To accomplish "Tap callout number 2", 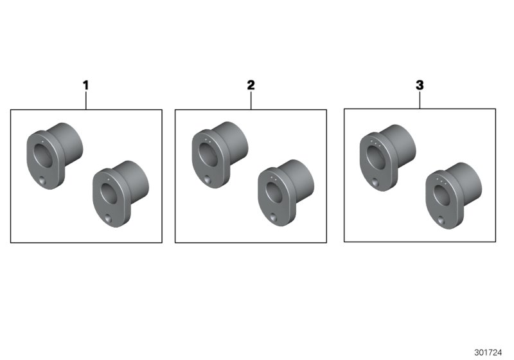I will [251, 85].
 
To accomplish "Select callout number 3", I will [420, 85].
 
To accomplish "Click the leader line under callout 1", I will [85, 100].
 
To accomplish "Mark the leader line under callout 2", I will [251, 100].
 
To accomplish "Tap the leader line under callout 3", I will [420, 100].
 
